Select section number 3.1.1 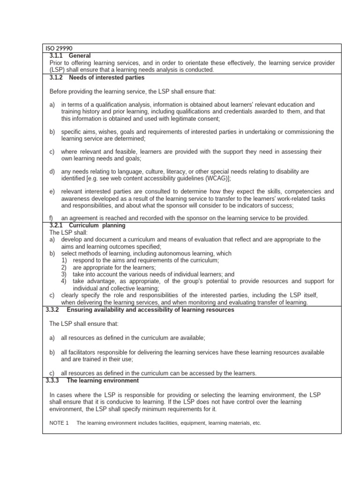coord(56,56)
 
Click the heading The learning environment coord(103,381)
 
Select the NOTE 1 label coord(59,423)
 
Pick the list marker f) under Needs coord(52,218)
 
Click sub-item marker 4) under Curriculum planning coord(64,281)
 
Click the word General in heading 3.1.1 coord(79,56)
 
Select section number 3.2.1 coord(56,225)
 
